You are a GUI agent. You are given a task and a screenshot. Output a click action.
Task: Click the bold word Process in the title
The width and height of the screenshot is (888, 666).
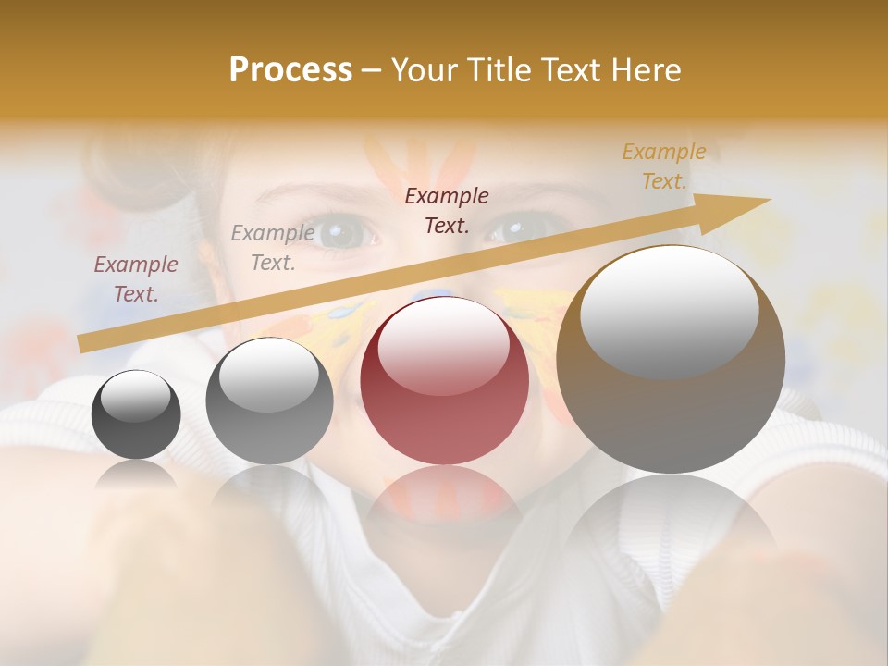click(x=290, y=70)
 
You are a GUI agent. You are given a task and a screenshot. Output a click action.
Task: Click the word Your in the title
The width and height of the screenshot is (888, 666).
click(x=422, y=70)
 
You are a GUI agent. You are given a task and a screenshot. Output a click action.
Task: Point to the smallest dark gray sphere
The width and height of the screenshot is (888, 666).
click(x=136, y=414)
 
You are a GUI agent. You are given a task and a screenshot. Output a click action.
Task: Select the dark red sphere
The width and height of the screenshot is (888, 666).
click(x=445, y=380)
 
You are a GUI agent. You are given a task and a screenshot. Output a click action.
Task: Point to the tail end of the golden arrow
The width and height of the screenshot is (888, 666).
click(x=83, y=343)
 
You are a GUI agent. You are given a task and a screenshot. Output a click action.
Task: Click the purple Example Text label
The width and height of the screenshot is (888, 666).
click(x=136, y=278)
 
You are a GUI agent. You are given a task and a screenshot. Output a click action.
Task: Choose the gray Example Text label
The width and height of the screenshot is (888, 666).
click(x=273, y=248)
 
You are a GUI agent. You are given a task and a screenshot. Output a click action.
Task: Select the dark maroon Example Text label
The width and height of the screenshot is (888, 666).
click(x=447, y=210)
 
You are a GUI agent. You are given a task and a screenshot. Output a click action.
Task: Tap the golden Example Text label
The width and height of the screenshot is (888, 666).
click(x=663, y=166)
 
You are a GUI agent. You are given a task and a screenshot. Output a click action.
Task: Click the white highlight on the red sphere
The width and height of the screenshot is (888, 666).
click(x=444, y=345)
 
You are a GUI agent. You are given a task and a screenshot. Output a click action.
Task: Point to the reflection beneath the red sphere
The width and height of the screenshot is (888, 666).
click(x=444, y=499)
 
